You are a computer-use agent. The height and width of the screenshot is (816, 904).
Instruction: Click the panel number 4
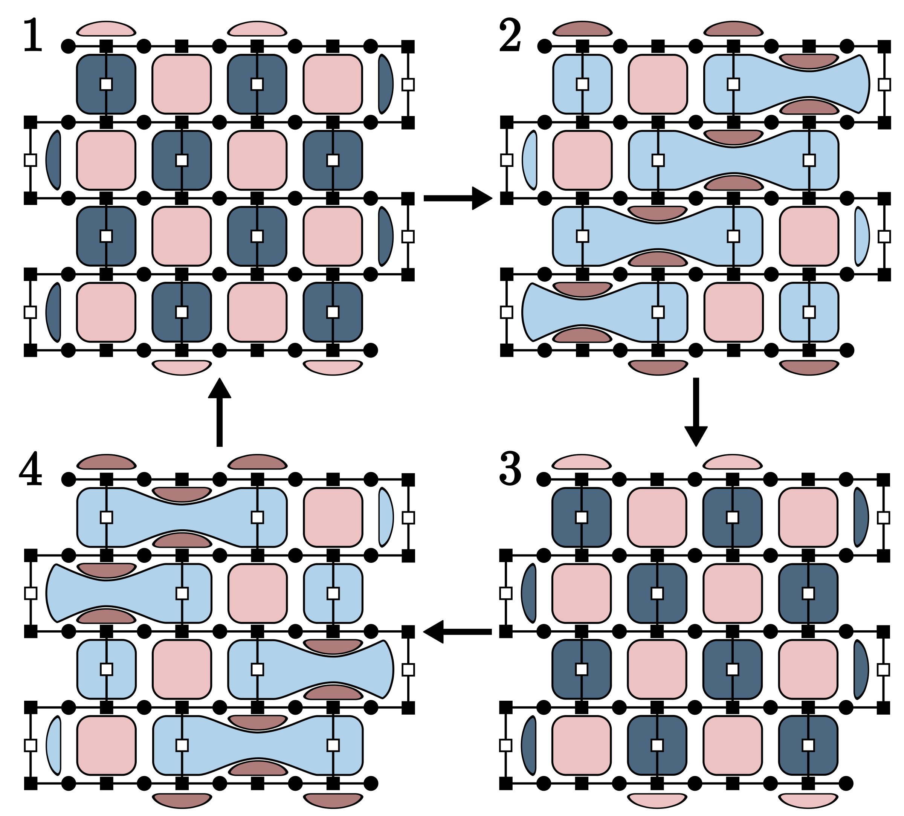tap(31, 469)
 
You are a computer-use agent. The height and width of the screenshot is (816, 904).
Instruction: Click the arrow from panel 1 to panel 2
tap(457, 198)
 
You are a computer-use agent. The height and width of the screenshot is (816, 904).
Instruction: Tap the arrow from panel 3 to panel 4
tap(457, 632)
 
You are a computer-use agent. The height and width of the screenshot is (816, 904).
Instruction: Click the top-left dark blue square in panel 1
tap(106, 84)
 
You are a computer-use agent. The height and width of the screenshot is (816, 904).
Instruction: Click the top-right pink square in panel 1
tap(333, 84)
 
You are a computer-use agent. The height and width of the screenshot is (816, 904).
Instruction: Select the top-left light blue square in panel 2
tap(582, 84)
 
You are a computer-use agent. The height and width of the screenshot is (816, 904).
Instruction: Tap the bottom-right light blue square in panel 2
tap(809, 312)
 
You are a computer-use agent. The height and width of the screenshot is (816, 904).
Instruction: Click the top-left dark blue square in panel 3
tap(581, 517)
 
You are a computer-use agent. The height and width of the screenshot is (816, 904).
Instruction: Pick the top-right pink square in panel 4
tap(333, 517)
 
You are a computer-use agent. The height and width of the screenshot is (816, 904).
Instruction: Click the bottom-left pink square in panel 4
tap(106, 745)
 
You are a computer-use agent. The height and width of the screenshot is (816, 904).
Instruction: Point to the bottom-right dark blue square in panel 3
tap(808, 745)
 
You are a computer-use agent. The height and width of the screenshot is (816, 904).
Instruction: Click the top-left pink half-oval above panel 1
tap(106, 29)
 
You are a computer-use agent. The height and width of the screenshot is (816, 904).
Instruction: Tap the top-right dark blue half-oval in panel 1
tap(385, 84)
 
